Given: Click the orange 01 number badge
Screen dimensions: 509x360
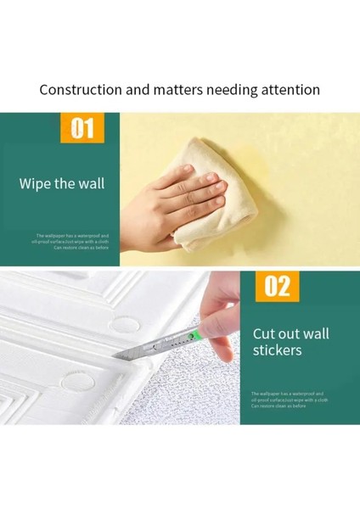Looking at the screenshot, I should point(82,129).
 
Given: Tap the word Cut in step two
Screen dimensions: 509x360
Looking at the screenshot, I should point(265,333).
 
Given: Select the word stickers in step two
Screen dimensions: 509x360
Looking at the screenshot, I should point(277,350).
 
